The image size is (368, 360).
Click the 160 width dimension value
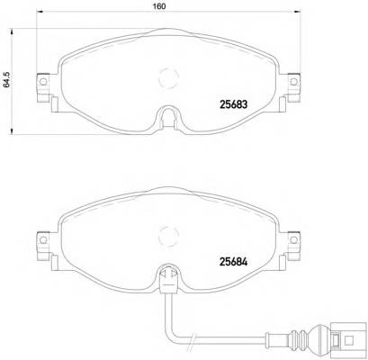pos(158,7)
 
